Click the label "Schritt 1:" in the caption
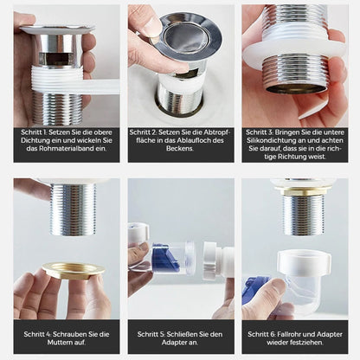[x=37, y=132]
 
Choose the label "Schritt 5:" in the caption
[x=152, y=332]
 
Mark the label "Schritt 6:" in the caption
[x=265, y=332]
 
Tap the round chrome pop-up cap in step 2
[x=185, y=35]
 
